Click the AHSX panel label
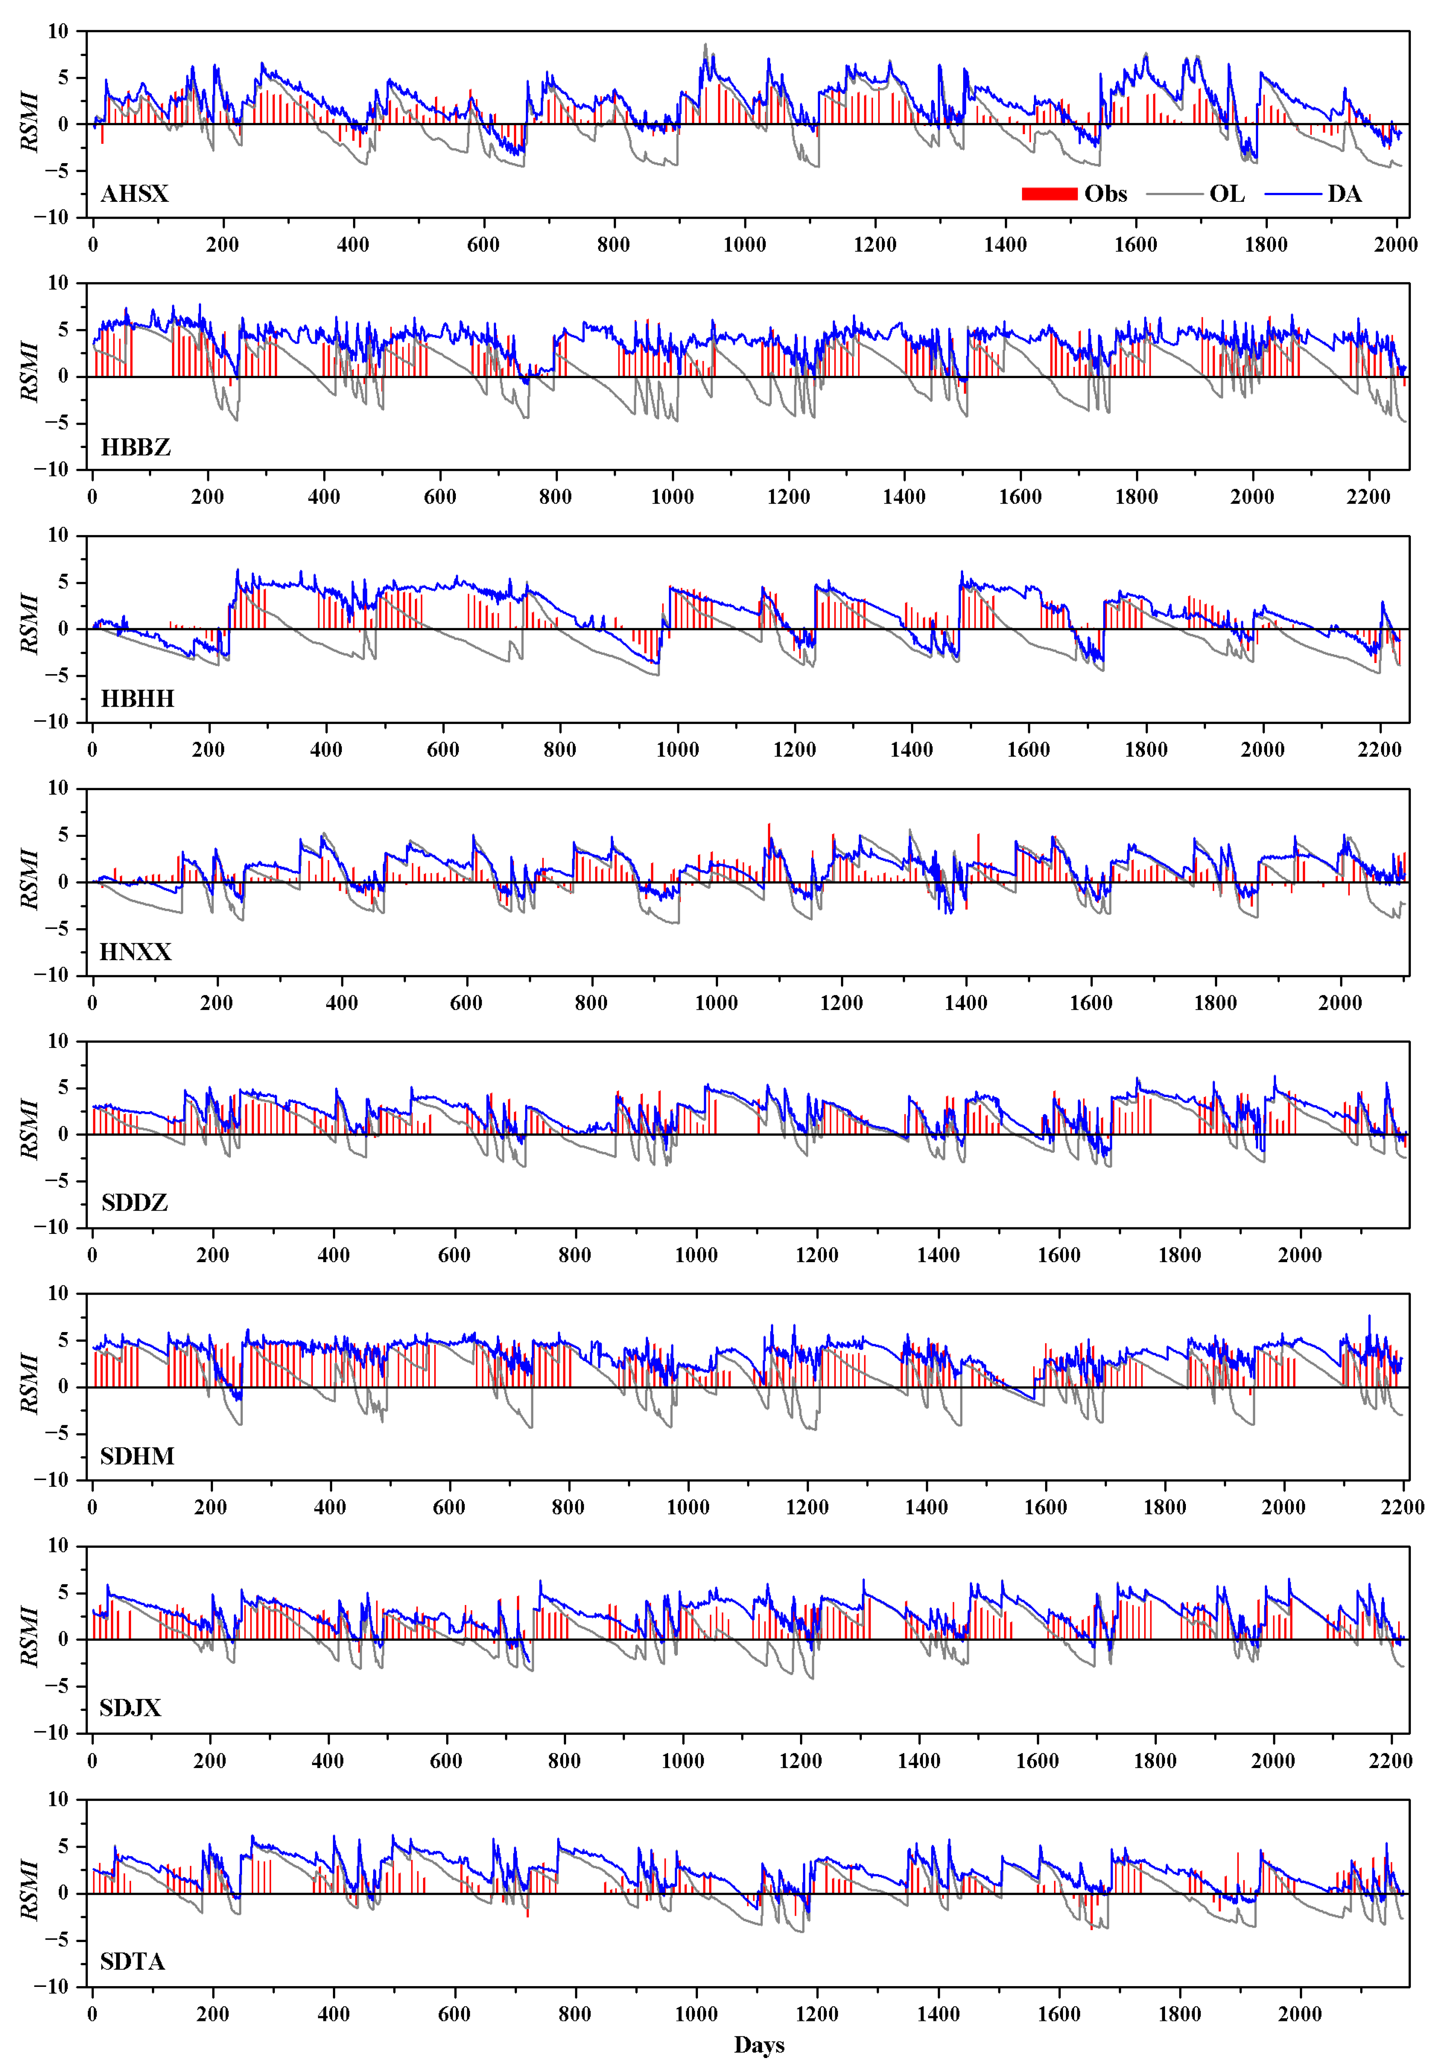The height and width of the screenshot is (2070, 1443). (135, 194)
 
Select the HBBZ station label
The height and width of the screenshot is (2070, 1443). (135, 447)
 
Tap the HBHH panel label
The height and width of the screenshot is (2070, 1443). (137, 699)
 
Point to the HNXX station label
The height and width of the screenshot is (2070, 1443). (135, 952)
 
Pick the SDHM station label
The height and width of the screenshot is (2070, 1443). (137, 1456)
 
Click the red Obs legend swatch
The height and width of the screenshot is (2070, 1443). (1049, 194)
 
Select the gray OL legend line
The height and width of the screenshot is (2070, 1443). (1174, 194)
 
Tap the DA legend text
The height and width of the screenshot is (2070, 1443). (1344, 194)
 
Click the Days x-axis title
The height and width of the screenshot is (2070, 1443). (759, 2045)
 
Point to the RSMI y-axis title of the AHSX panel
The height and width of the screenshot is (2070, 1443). (30, 123)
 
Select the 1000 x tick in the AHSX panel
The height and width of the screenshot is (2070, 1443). (744, 244)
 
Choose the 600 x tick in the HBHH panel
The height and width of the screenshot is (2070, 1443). (443, 749)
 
